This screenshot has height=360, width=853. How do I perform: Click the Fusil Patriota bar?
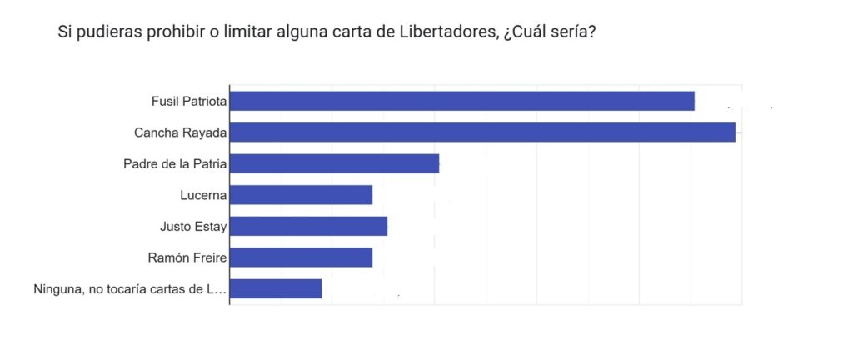coord(462,101)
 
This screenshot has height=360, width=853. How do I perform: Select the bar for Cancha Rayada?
coord(482,132)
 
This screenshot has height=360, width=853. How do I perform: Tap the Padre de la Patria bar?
coord(334,163)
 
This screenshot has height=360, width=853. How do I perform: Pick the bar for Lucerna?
coord(301,195)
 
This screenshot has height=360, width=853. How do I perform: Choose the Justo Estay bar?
coord(308,226)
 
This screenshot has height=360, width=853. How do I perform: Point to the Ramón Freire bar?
coord(301,257)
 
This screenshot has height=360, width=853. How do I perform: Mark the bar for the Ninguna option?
coord(276,288)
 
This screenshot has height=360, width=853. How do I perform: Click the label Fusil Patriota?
coord(189,101)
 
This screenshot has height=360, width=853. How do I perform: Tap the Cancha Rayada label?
coord(181,132)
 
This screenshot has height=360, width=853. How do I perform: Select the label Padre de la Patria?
coord(175,163)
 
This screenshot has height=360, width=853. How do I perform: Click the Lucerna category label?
coord(203,195)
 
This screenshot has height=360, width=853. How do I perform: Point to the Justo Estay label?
coord(193,226)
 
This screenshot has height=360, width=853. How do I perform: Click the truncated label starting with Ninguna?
coord(130,289)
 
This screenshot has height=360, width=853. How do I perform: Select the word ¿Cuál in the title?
coord(526,33)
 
